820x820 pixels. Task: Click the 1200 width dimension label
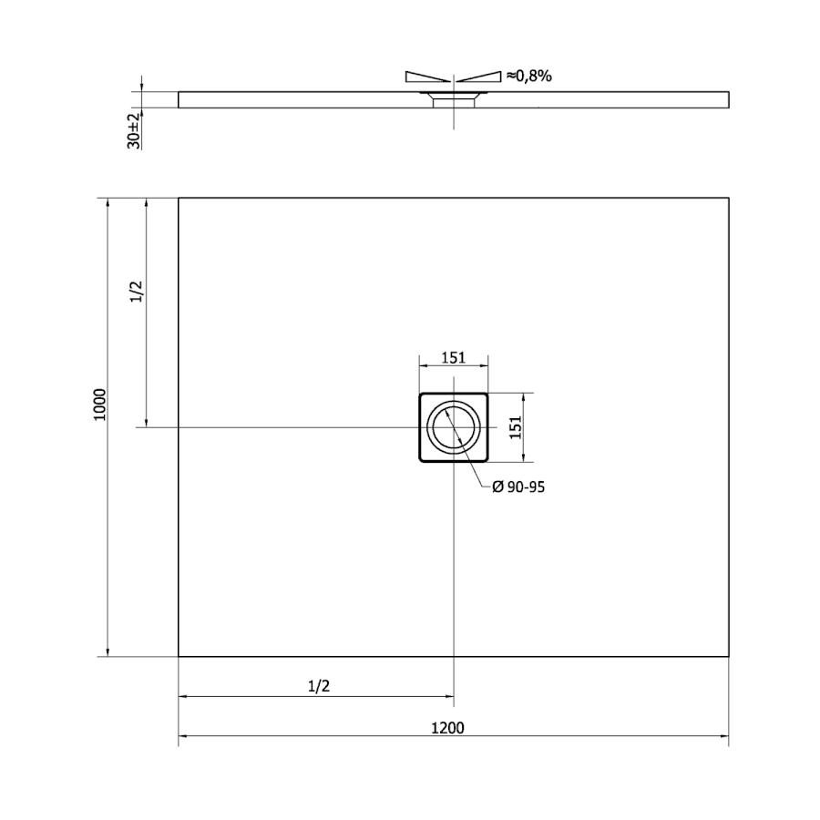coord(447,727)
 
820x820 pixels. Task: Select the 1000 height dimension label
coord(99,405)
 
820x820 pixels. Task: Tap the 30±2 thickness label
coord(134,130)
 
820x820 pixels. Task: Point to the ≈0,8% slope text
coord(528,77)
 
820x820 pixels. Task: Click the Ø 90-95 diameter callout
coord(518,487)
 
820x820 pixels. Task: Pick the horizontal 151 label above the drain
coord(453,358)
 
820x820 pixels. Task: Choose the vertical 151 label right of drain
coord(516,427)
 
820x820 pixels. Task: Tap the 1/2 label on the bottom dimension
coord(319,685)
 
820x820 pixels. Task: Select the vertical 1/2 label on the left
coord(136,292)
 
